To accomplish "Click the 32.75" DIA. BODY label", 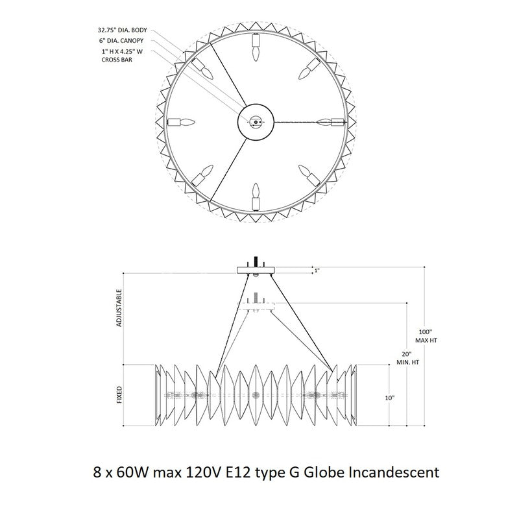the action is tap(122, 30).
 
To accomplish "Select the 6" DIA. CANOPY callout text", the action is tap(121, 41).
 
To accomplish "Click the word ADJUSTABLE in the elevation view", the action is tap(119, 308).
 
